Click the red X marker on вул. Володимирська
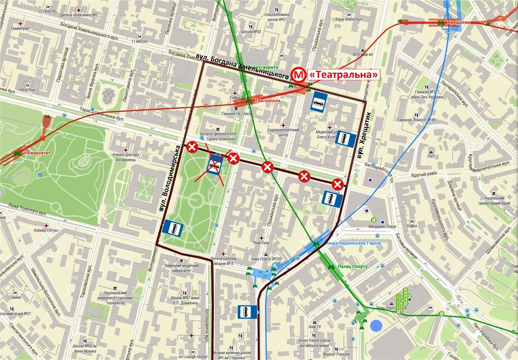pos(192,147)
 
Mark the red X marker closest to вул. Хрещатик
pos(338,184)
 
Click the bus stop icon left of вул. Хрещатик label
pos(346,139)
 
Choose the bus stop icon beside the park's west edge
pos(173,229)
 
